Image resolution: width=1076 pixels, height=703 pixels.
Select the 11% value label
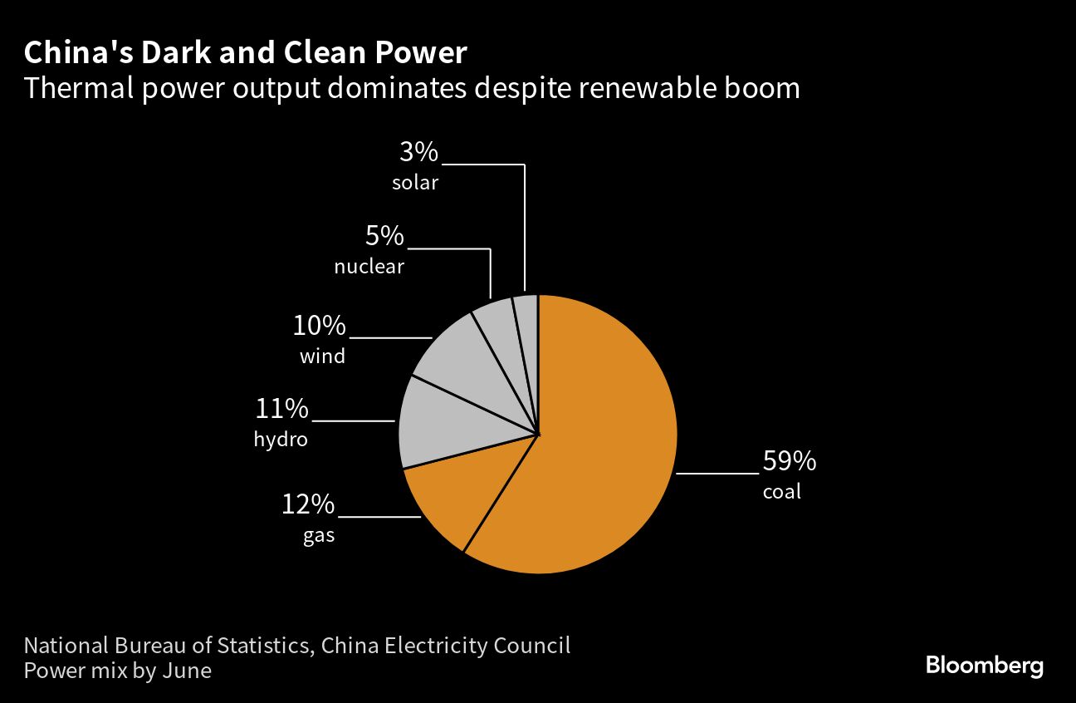click(281, 410)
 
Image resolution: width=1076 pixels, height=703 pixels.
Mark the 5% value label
click(384, 237)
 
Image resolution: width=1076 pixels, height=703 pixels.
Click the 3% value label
click(418, 152)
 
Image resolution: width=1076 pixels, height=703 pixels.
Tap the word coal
click(782, 492)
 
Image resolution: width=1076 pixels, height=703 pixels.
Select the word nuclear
click(369, 267)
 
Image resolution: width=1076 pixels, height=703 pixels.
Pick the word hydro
click(281, 440)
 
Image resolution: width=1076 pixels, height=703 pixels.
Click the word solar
click(415, 182)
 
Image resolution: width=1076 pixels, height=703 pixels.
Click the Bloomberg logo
click(984, 666)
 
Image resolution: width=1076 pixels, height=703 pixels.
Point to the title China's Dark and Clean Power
click(246, 53)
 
